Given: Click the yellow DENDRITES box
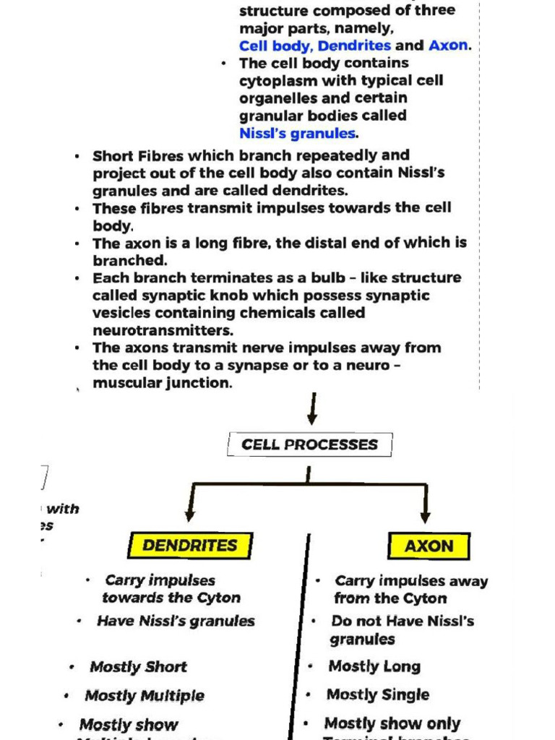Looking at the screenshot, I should (x=190, y=546).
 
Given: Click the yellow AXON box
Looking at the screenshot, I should (x=429, y=546).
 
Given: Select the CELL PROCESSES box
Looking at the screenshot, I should (x=309, y=444).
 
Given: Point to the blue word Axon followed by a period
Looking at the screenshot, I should (x=448, y=46).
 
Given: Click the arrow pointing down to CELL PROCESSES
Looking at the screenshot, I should (x=312, y=412).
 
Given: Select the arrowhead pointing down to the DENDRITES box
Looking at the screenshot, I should (x=190, y=514).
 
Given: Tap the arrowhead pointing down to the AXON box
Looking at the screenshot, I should (x=426, y=514).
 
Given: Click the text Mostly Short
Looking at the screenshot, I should (x=138, y=667).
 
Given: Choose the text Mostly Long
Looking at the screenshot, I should (x=374, y=666).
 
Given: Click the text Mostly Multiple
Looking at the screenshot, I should (x=145, y=696).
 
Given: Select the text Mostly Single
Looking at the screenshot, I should (x=378, y=695).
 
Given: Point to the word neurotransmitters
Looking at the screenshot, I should (x=163, y=330).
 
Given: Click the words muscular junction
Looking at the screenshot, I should (x=162, y=383).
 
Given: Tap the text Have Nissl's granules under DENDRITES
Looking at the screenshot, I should (x=176, y=621).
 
